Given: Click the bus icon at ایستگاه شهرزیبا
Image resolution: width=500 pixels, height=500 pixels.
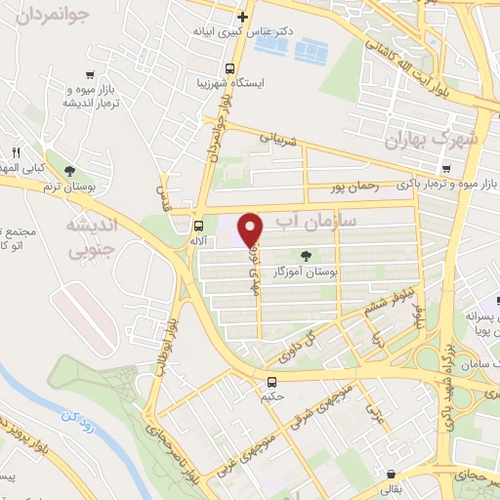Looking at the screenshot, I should tap(229, 69).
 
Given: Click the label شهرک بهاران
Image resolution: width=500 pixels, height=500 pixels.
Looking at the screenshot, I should tap(433, 140).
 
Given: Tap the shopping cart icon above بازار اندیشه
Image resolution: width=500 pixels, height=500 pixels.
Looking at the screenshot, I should tap(91, 74).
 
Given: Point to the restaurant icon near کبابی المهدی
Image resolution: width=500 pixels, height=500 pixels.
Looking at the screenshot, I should tap(17, 153).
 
